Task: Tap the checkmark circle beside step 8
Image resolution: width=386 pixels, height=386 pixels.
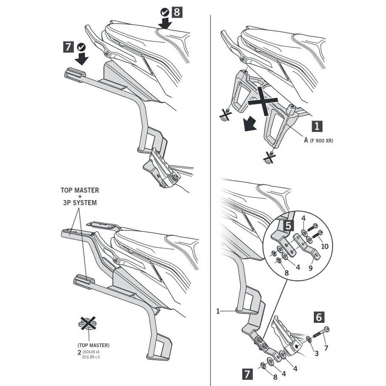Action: (x=164, y=12)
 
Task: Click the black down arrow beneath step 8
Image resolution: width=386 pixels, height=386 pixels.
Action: (x=165, y=24)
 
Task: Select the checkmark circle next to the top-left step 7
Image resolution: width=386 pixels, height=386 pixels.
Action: (x=81, y=47)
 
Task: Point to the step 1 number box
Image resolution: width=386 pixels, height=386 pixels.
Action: (x=317, y=126)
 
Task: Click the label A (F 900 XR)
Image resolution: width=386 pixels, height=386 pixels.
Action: (x=318, y=141)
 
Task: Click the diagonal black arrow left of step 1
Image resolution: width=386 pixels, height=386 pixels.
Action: (x=249, y=124)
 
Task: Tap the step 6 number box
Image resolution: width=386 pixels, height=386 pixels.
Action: (x=319, y=317)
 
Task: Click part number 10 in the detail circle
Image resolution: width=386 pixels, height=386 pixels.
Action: (x=325, y=246)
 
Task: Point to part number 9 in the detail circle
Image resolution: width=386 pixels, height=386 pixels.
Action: (x=310, y=267)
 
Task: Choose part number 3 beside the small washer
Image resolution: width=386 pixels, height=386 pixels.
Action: (x=317, y=354)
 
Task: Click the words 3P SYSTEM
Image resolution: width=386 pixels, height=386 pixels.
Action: (x=80, y=203)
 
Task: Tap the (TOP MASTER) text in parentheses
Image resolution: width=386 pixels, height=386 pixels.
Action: (x=93, y=345)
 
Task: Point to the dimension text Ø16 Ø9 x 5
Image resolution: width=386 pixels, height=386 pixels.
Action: (x=91, y=357)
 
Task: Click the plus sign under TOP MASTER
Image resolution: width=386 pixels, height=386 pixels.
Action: (x=80, y=196)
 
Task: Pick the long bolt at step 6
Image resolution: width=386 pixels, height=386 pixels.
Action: (x=321, y=332)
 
